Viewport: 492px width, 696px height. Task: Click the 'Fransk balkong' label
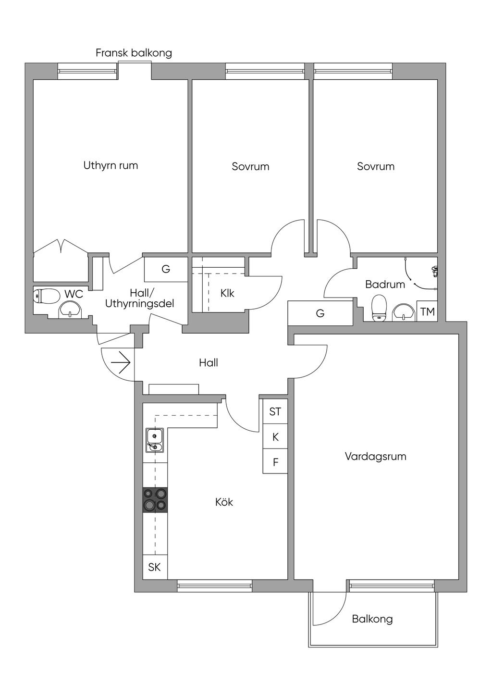134,53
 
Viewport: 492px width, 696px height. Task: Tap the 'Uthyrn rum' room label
111,166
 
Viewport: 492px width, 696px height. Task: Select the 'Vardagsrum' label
375,456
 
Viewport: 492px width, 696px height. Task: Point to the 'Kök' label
224,502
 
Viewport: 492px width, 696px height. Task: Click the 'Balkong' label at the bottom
372,619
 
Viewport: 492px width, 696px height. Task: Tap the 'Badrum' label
385,284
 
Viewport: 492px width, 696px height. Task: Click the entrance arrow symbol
121,362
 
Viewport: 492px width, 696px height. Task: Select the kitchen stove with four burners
155,499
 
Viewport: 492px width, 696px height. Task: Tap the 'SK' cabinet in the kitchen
155,567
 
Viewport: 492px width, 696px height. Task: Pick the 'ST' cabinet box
275,411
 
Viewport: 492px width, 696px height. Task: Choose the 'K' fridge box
275,437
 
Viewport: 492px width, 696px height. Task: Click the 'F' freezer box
275,462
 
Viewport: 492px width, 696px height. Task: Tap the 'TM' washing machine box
427,312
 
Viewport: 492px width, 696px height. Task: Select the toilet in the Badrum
380,306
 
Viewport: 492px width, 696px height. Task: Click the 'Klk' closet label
227,293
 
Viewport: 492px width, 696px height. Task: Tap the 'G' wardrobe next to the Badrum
320,313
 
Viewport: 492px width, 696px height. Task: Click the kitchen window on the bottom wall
214,585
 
